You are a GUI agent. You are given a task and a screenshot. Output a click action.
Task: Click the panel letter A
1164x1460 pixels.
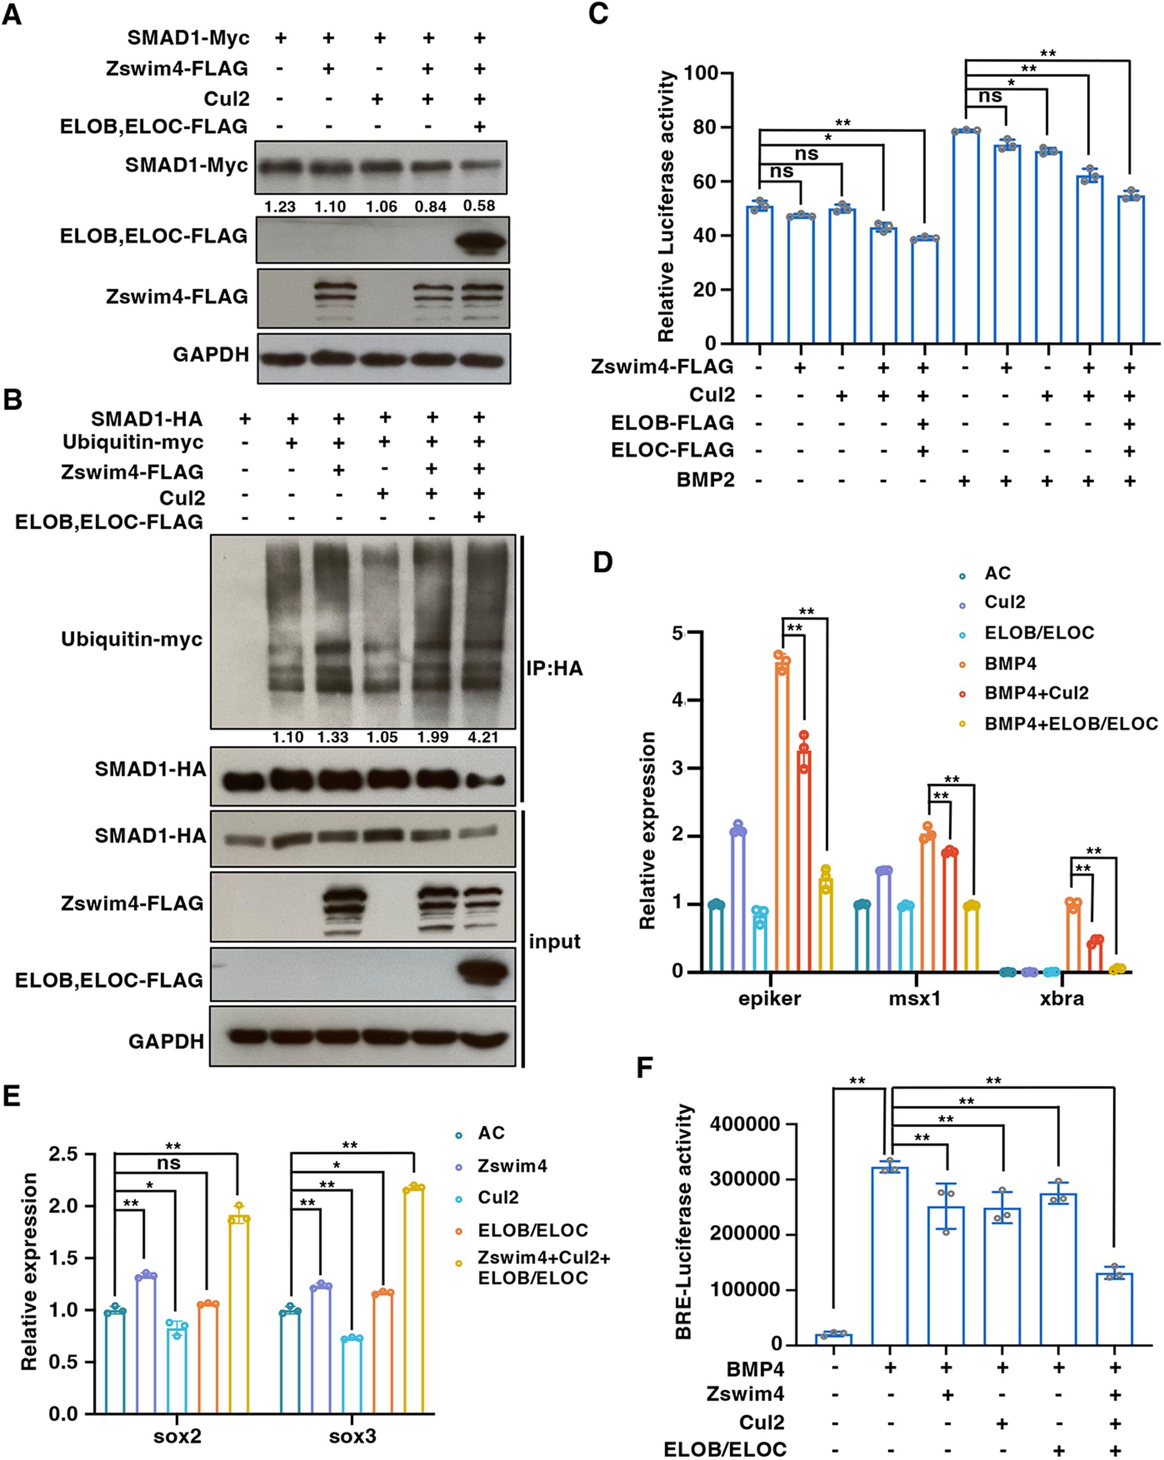(x=12, y=14)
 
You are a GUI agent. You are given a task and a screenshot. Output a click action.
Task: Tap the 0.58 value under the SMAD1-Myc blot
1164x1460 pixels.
(x=479, y=206)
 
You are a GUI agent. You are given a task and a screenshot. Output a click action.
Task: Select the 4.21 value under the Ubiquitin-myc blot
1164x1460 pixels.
(x=483, y=737)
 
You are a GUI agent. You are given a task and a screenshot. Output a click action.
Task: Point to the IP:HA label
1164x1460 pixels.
(x=554, y=668)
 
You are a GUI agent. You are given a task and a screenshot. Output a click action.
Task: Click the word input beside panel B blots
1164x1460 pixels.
(x=554, y=941)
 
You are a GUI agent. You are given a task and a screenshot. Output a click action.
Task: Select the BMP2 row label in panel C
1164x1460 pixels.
(x=706, y=480)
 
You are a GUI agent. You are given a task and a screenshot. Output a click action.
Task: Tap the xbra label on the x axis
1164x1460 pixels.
(x=1062, y=998)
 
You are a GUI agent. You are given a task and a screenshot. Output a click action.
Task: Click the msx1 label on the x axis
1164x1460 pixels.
(x=915, y=998)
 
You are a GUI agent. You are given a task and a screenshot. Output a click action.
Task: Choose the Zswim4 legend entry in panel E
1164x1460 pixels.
(x=512, y=1185)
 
